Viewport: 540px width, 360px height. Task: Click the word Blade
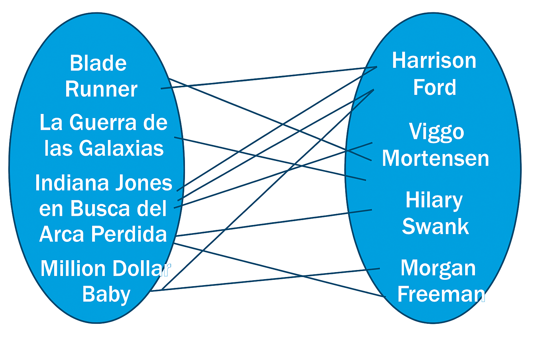pyautogui.click(x=98, y=63)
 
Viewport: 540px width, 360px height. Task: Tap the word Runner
pyautogui.click(x=101, y=89)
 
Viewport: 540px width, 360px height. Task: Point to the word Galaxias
pyautogui.click(x=121, y=148)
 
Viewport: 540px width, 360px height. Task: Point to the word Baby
pyautogui.click(x=106, y=294)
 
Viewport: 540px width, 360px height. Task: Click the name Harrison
pyautogui.click(x=434, y=60)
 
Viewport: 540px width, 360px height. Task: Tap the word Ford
pyautogui.click(x=435, y=87)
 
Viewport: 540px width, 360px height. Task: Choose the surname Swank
pyautogui.click(x=435, y=226)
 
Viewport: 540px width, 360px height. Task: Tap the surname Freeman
pyautogui.click(x=441, y=294)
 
